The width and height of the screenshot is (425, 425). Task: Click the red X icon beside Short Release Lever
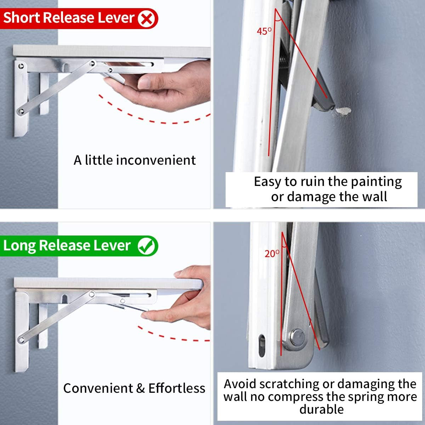(x=146, y=19)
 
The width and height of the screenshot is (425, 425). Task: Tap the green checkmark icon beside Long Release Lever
(x=146, y=246)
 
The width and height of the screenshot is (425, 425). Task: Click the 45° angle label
(x=264, y=31)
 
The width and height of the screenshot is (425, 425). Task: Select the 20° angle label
(x=272, y=254)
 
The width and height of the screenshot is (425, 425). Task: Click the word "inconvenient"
(x=156, y=160)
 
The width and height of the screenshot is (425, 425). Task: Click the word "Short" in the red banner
(x=22, y=18)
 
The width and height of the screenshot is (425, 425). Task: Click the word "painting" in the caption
(x=376, y=182)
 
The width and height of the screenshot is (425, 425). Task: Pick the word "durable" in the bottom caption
(x=322, y=409)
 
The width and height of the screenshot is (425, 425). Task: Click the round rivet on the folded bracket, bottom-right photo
(x=297, y=337)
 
